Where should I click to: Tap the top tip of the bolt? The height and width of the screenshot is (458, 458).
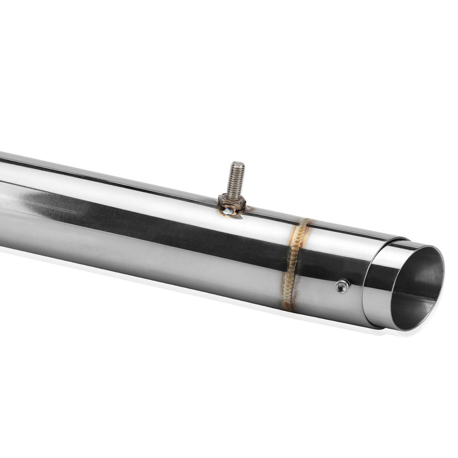237,164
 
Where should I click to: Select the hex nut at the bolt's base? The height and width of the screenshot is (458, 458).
232,202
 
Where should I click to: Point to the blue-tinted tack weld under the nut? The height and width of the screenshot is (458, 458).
228,210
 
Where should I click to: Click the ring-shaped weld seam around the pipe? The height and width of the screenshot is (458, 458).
294,262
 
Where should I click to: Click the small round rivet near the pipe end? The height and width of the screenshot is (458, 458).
342,286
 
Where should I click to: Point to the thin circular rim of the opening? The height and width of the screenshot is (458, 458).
441,267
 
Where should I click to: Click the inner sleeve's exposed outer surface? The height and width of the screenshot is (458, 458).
379,286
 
